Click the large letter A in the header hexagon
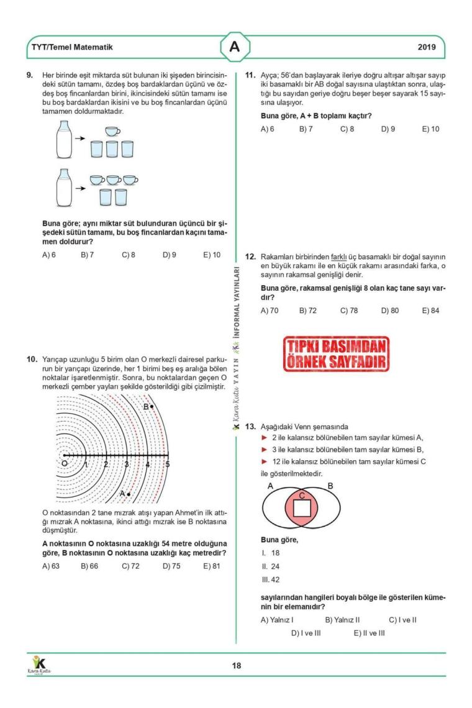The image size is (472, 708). (x=235, y=47)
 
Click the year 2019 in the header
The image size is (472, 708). (x=427, y=47)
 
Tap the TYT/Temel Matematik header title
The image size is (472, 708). (x=73, y=47)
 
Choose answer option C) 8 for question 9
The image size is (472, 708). (x=129, y=255)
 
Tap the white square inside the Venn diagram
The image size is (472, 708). (x=302, y=508)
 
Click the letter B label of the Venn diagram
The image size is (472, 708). (x=330, y=486)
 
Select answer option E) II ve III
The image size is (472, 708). (x=370, y=633)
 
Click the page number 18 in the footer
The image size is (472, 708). (x=237, y=666)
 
